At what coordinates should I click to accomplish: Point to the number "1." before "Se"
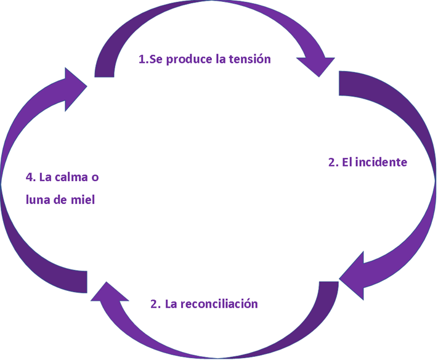click(144, 60)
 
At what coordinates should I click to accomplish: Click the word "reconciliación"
click(220, 304)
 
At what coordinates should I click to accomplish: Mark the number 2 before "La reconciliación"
click(155, 304)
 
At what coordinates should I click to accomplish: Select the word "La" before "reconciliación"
click(171, 304)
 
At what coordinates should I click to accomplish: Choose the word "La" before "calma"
click(46, 178)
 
